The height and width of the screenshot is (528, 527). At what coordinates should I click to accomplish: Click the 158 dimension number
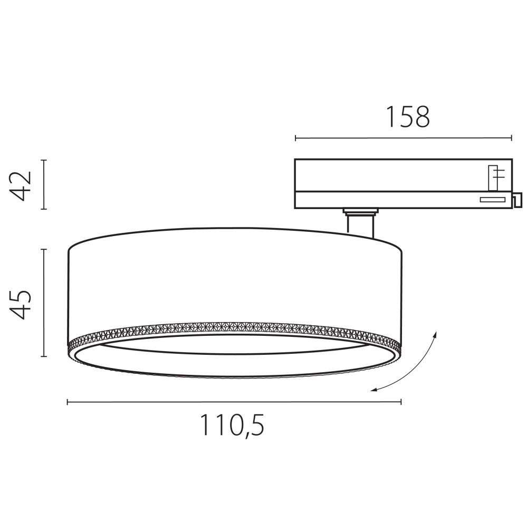408,117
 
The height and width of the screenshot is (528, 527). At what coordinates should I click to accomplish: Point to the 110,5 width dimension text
232,425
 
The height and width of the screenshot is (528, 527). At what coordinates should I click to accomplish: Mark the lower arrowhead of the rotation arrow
374,390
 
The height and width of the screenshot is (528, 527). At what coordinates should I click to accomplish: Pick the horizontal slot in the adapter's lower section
491,199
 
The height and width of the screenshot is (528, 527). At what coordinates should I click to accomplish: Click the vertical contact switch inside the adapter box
494,177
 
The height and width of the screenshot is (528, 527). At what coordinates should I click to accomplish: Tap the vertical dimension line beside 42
44,185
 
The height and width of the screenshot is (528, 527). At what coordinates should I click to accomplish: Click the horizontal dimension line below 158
403,138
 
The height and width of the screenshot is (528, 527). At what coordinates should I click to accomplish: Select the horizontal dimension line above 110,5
234,402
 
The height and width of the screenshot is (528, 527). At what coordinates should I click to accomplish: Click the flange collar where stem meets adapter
360,212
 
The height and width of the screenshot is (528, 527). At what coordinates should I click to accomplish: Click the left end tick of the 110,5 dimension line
68,402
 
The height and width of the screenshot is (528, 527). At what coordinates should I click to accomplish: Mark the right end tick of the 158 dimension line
511,138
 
